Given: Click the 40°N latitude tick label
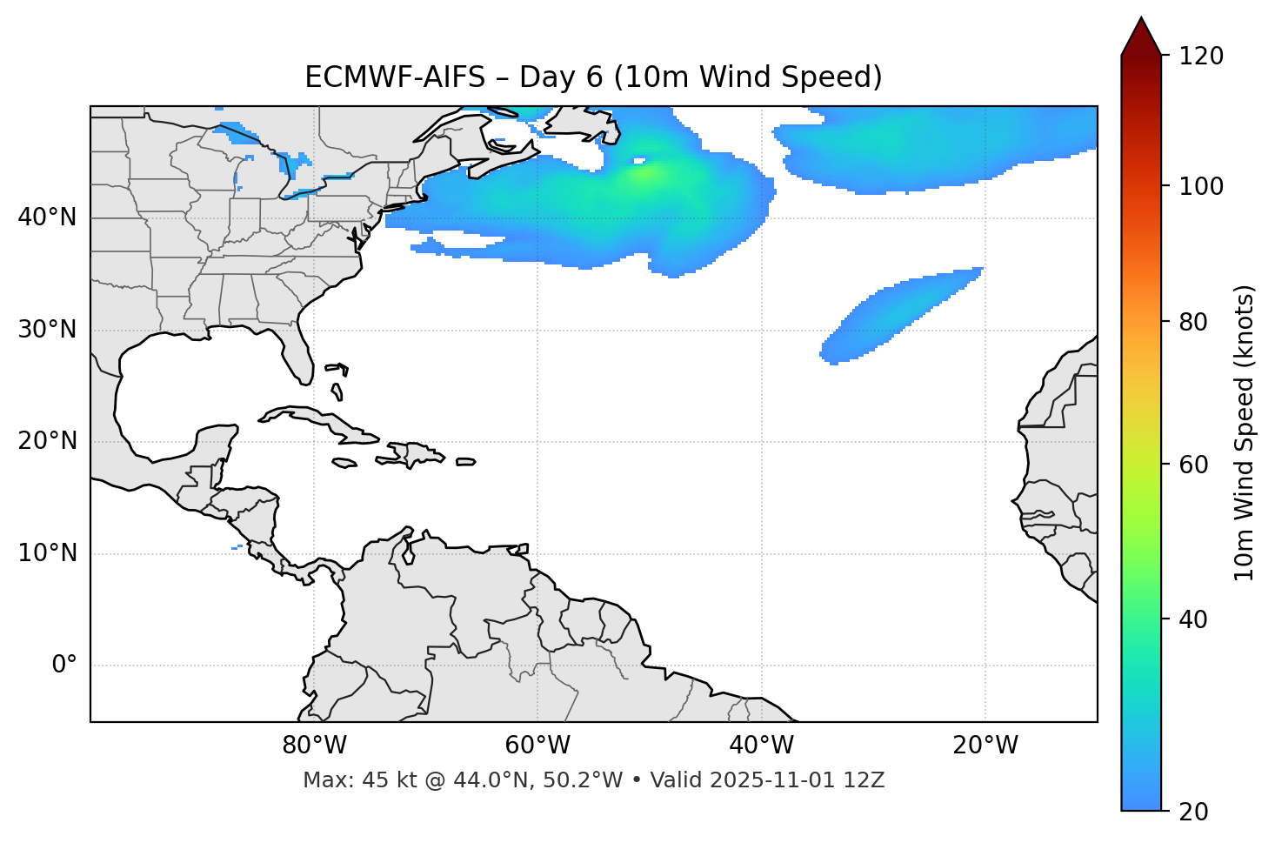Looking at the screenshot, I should tap(47, 217).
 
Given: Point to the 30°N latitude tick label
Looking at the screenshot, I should tap(47, 330).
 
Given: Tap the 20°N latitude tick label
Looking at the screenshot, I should tap(47, 441).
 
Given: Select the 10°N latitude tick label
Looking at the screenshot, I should tap(47, 553).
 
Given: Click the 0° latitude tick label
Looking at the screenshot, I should tap(63, 666).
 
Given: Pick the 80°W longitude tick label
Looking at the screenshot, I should tap(314, 746).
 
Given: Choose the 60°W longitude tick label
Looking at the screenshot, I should tap(537, 746).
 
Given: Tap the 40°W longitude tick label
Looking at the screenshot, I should tap(761, 746).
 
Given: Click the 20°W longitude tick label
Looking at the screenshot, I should tap(985, 746).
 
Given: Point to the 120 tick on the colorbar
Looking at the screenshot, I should tap(1201, 57).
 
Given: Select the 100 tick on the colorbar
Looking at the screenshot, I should tap(1201, 186).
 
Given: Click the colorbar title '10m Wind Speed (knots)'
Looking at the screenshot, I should tap(1245, 433).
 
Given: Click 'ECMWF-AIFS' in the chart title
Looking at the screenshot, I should tap(395, 77).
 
